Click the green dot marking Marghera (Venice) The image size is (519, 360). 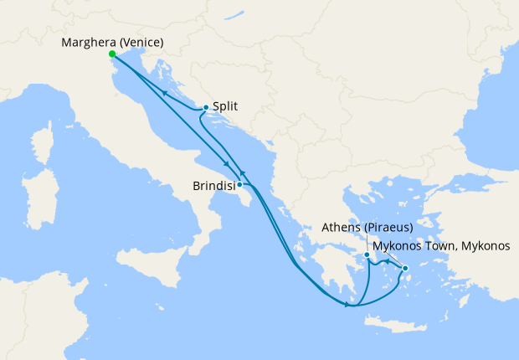(112, 54)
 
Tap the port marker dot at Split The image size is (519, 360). (206, 107)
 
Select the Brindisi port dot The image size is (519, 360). (240, 184)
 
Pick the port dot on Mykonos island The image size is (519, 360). (405, 269)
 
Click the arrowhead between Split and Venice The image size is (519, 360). (165, 93)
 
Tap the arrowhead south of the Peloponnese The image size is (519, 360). (347, 305)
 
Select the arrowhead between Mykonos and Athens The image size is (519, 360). (386, 264)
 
